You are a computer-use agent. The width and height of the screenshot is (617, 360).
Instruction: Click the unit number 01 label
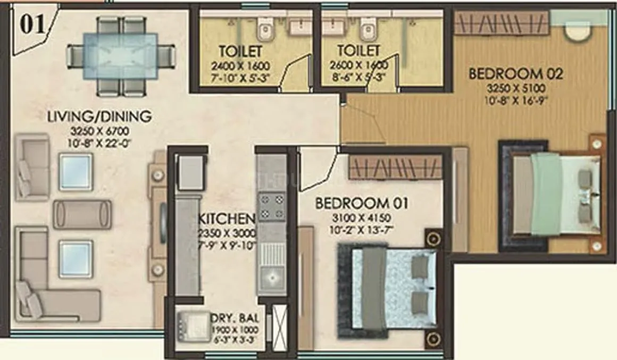[33, 24]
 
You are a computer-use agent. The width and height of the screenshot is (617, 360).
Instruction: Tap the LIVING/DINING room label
[99, 115]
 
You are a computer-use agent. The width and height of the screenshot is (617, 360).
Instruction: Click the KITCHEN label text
[227, 219]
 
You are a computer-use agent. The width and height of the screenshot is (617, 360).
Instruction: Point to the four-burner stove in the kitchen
[271, 207]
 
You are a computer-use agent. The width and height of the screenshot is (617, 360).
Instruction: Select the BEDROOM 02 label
[515, 73]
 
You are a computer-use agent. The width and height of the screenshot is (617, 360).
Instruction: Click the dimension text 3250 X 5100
[515, 88]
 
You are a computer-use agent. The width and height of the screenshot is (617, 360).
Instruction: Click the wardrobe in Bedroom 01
[395, 166]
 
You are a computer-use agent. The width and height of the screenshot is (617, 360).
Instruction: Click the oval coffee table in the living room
[82, 214]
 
